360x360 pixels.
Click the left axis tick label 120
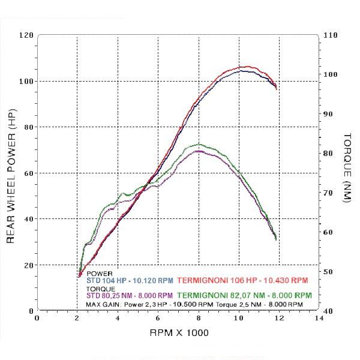coord(26,35)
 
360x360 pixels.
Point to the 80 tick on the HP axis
coord(29,127)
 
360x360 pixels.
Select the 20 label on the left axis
coord(29,265)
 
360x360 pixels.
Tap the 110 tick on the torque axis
coord(331,35)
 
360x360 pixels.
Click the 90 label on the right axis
coord(328,114)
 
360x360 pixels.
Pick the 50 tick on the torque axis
coord(328,272)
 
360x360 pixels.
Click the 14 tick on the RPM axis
coord(319,318)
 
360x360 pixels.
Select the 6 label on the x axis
coord(158,318)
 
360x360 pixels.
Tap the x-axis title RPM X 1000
coord(179,332)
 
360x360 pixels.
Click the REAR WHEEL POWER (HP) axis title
coord(11,176)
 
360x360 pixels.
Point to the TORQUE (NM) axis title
coord(347,168)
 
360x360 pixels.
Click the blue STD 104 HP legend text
coord(130,280)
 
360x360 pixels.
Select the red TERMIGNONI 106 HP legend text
coord(242,280)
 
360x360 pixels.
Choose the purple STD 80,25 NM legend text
coord(130,295)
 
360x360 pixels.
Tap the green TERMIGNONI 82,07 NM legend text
coord(245,295)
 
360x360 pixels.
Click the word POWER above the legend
coord(100,274)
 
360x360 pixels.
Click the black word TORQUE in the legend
coord(101,289)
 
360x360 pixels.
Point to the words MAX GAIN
coord(103,305)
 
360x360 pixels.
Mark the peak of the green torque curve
coord(199,144)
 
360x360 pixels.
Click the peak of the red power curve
coord(247,67)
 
